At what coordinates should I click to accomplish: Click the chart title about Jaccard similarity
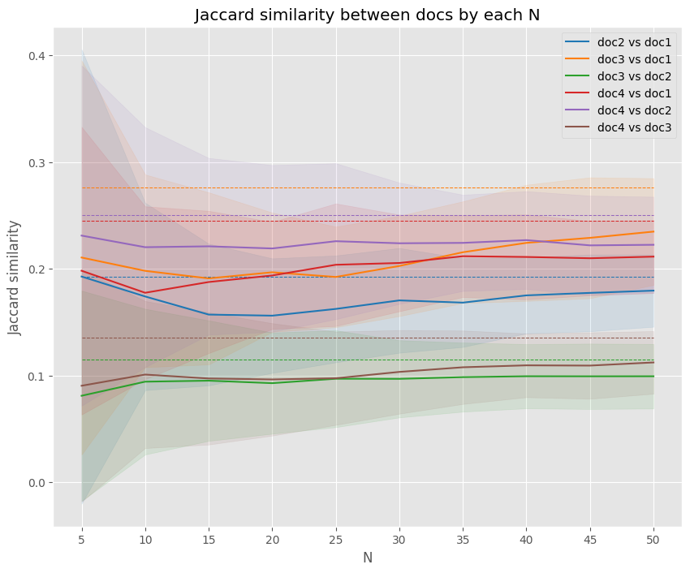click(x=368, y=16)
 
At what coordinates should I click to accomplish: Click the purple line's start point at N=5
click(x=82, y=236)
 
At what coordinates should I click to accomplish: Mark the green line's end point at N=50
click(x=653, y=377)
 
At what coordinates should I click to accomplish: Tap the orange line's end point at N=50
click(x=653, y=232)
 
